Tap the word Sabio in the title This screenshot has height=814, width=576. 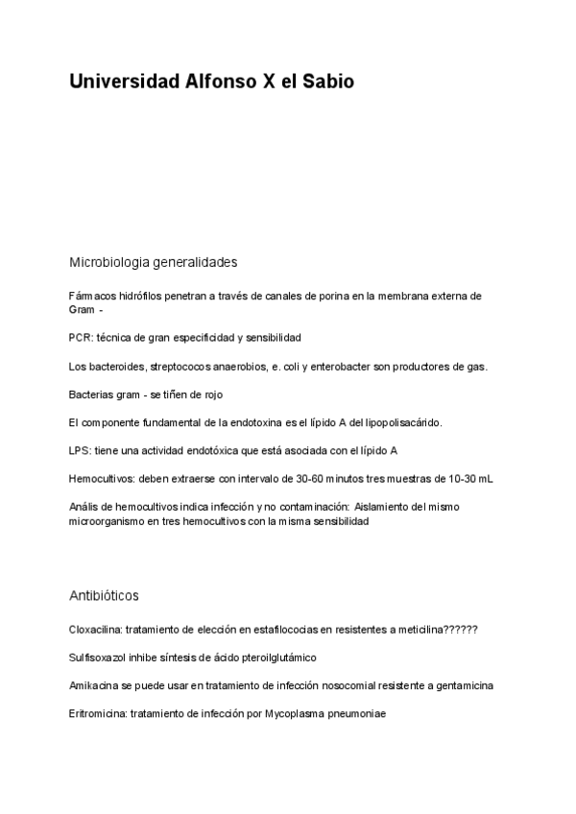tap(327, 83)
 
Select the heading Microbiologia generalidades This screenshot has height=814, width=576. tap(154, 261)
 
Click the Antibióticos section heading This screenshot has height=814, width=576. tap(105, 595)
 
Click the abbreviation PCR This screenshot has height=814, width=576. tap(80, 338)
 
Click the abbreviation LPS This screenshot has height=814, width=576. tap(80, 450)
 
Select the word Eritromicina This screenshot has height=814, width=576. tap(98, 713)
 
